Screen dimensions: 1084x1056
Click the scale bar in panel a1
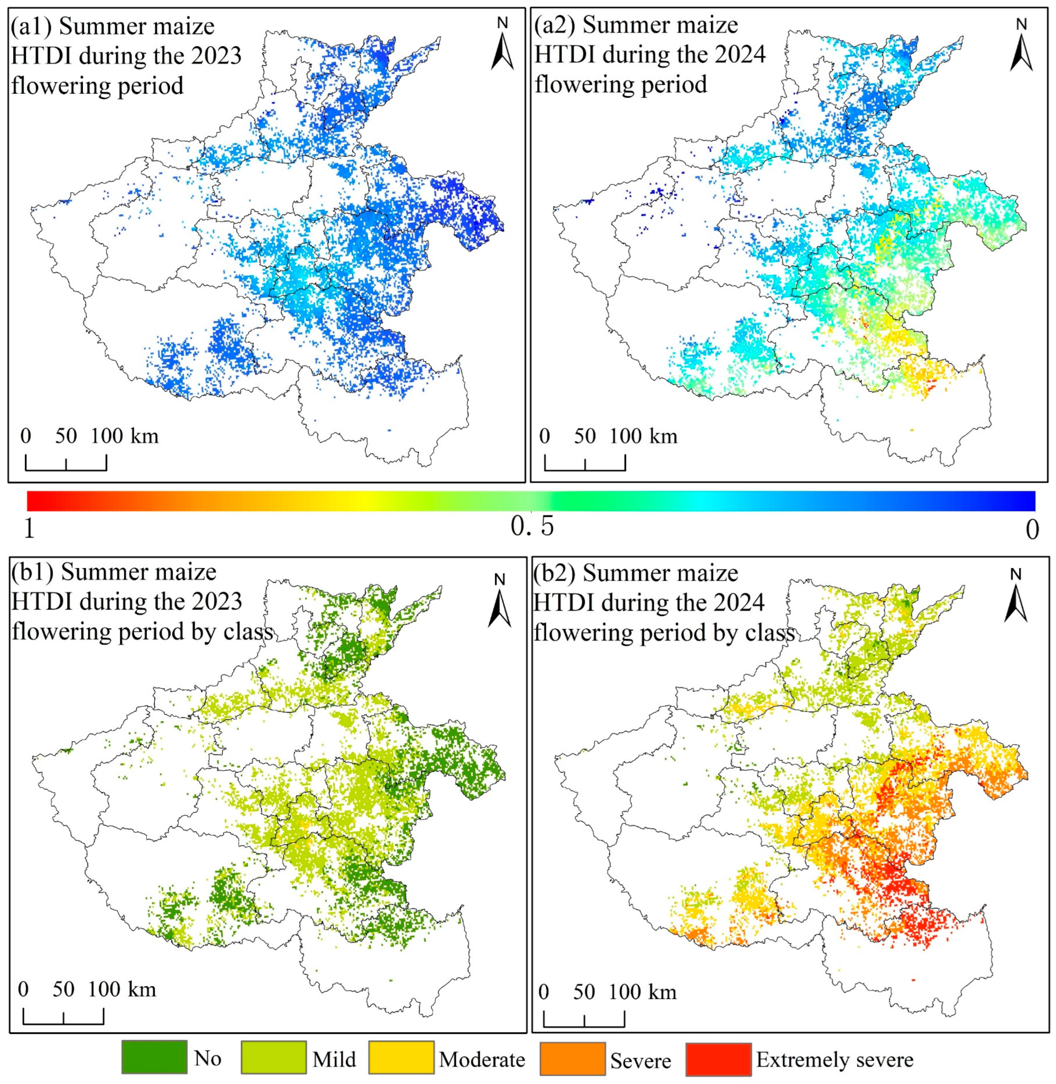tap(66, 462)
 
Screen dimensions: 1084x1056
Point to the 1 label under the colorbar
tap(29, 529)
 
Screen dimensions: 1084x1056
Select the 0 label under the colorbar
tap(1032, 529)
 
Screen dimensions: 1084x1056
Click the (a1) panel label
tap(25, 27)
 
